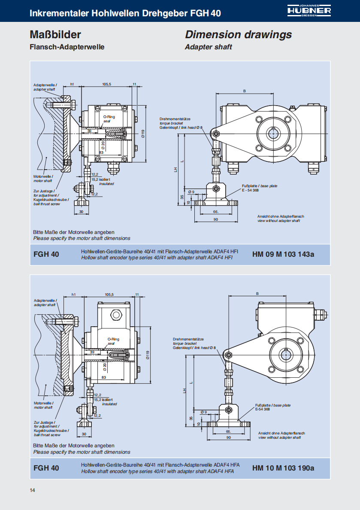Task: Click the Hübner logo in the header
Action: (x=309, y=11)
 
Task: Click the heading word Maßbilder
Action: (x=55, y=34)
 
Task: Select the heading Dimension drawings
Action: (x=239, y=34)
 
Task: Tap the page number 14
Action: (x=32, y=490)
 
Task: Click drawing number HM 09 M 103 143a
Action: (x=283, y=254)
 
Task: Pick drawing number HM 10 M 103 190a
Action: (x=283, y=468)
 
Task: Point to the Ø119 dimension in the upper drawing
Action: (x=142, y=134)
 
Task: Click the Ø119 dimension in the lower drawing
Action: (x=147, y=355)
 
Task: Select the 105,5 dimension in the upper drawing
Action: (x=107, y=84)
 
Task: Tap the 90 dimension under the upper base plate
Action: (x=215, y=219)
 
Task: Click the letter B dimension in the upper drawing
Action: (x=245, y=91)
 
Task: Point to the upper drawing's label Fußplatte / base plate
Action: (x=260, y=186)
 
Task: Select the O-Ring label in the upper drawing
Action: (x=109, y=117)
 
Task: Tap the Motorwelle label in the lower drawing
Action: (x=44, y=403)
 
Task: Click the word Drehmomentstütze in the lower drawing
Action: (x=188, y=339)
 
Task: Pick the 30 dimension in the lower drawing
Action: (x=84, y=434)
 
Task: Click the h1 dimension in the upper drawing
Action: (x=72, y=84)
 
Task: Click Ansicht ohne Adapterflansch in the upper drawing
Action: (x=281, y=216)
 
